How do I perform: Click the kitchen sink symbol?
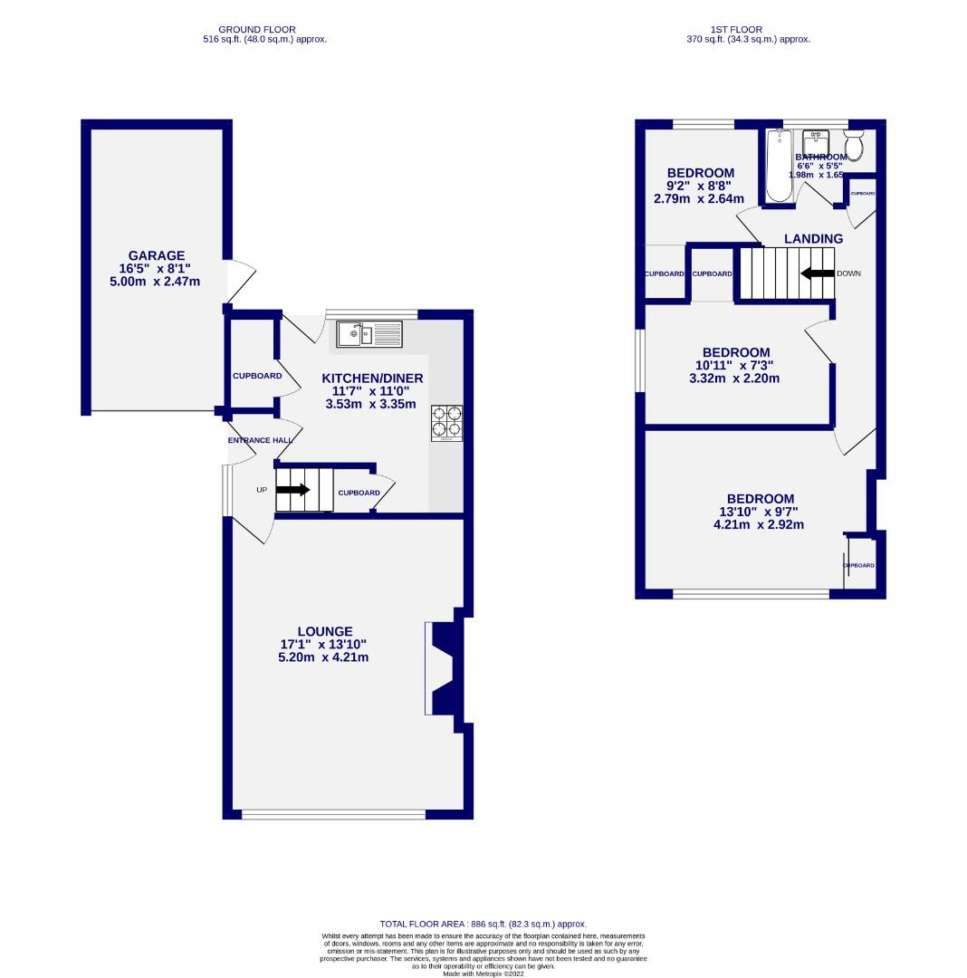click(369, 334)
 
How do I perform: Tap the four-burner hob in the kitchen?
click(446, 422)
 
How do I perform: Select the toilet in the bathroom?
click(854, 145)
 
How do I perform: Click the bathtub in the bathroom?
click(779, 165)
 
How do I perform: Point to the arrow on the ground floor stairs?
click(293, 490)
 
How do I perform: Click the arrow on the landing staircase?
click(816, 273)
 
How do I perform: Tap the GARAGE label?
click(156, 255)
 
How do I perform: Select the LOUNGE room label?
click(324, 631)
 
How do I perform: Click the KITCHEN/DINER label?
click(373, 378)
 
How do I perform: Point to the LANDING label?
click(813, 239)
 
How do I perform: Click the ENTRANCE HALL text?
click(260, 440)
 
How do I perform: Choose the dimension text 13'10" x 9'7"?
click(760, 512)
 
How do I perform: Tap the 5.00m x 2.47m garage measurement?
click(156, 282)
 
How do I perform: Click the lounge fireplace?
click(444, 668)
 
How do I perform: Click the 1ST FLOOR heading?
click(749, 29)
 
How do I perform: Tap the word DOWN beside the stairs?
click(848, 273)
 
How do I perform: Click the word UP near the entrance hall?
click(262, 490)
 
